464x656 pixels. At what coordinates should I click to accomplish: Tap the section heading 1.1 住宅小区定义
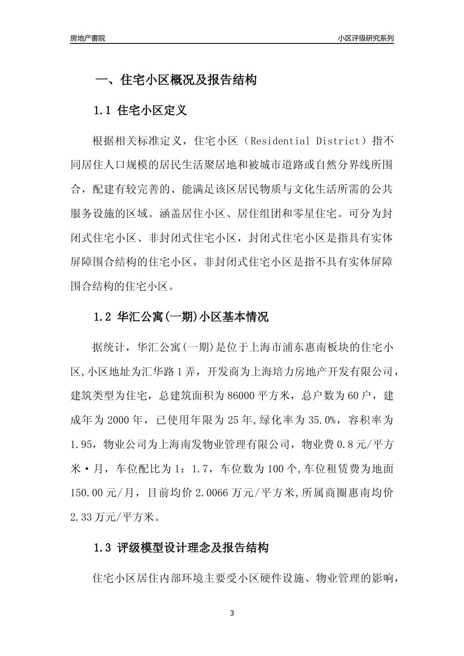pos(140,111)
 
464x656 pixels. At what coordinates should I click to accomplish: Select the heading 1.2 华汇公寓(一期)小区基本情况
pos(181,317)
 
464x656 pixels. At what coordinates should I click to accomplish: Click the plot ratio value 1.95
pos(81,445)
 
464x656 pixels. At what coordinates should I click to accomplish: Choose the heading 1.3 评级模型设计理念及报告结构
pos(181,548)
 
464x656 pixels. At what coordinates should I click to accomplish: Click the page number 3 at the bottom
pos(232,613)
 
